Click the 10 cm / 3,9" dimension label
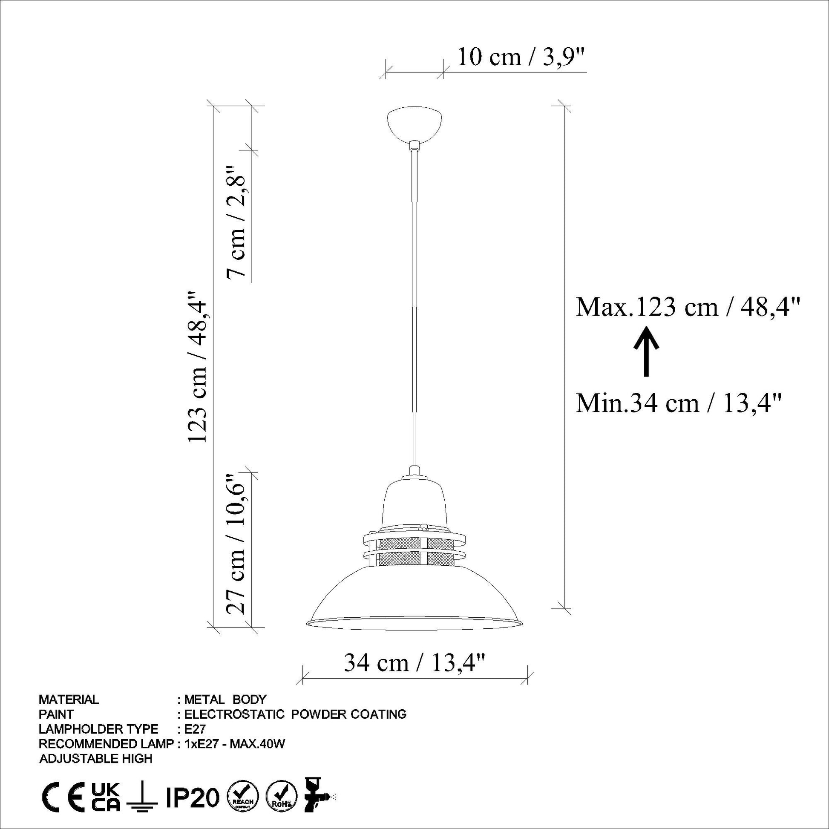coord(521,57)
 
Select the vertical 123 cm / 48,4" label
coord(197,366)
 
